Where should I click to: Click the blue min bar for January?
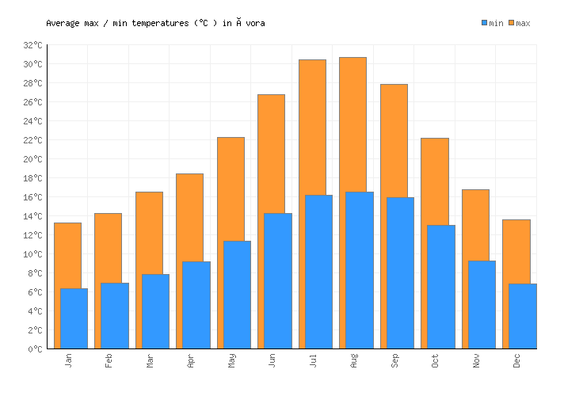pyautogui.click(x=74, y=318)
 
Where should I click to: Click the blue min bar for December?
pyautogui.click(x=522, y=316)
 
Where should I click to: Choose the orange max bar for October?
pyautogui.click(x=434, y=181)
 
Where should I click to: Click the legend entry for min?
pyautogui.click(x=492, y=23)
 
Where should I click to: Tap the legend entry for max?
pyautogui.click(x=519, y=23)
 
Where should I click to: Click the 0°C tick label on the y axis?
pyautogui.click(x=35, y=349)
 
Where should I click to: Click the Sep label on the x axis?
pyautogui.click(x=394, y=361)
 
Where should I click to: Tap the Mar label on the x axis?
pyautogui.click(x=150, y=361)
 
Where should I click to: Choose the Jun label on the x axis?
pyautogui.click(x=272, y=361)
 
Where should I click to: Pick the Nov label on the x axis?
pyautogui.click(x=476, y=361)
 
